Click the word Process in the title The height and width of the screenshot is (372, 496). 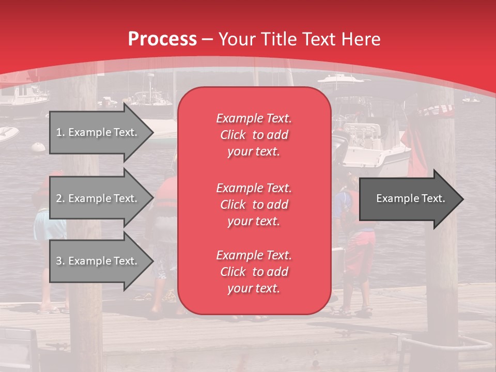point(162,39)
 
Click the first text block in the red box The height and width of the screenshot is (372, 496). point(254,135)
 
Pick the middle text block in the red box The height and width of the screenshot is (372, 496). point(254,204)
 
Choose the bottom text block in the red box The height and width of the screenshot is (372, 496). point(254,272)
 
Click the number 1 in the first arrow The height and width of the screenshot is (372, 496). point(59,133)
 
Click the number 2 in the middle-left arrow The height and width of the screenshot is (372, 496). point(59,198)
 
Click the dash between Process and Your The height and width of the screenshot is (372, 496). point(208,40)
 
